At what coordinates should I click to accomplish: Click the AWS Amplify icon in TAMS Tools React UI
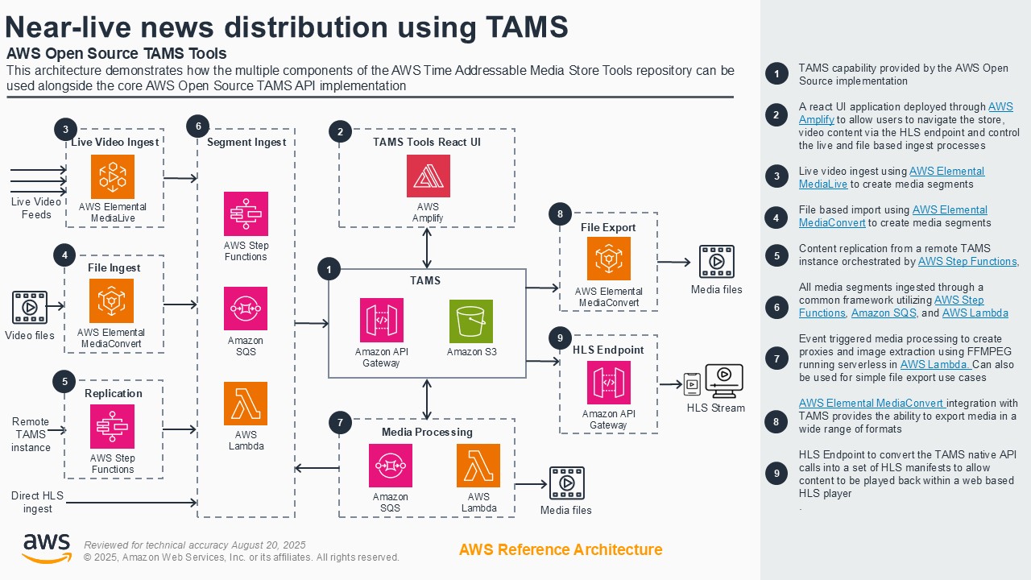coord(428,176)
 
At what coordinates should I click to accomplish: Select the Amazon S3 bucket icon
coord(470,321)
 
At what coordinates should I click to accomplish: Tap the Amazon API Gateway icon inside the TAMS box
coord(381,321)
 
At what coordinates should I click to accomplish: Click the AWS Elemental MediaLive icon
coord(113,177)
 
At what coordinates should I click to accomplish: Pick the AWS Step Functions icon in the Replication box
coord(113,426)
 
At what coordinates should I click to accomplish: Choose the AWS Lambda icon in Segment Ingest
coord(246,404)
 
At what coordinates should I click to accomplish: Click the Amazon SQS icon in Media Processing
coord(391,466)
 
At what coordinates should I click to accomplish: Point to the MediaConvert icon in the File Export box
coord(608,259)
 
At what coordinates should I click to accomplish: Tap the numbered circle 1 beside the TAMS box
coord(329,269)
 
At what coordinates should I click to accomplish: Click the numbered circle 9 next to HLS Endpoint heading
coord(560,338)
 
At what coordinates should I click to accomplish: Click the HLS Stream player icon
coord(723,381)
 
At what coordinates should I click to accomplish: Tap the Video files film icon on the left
coord(29,307)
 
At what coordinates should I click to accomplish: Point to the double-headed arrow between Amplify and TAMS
coord(427,248)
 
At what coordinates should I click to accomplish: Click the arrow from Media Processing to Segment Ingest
coord(317,468)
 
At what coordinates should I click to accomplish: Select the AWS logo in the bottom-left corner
coord(46,548)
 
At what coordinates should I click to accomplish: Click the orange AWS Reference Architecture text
coord(561,549)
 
